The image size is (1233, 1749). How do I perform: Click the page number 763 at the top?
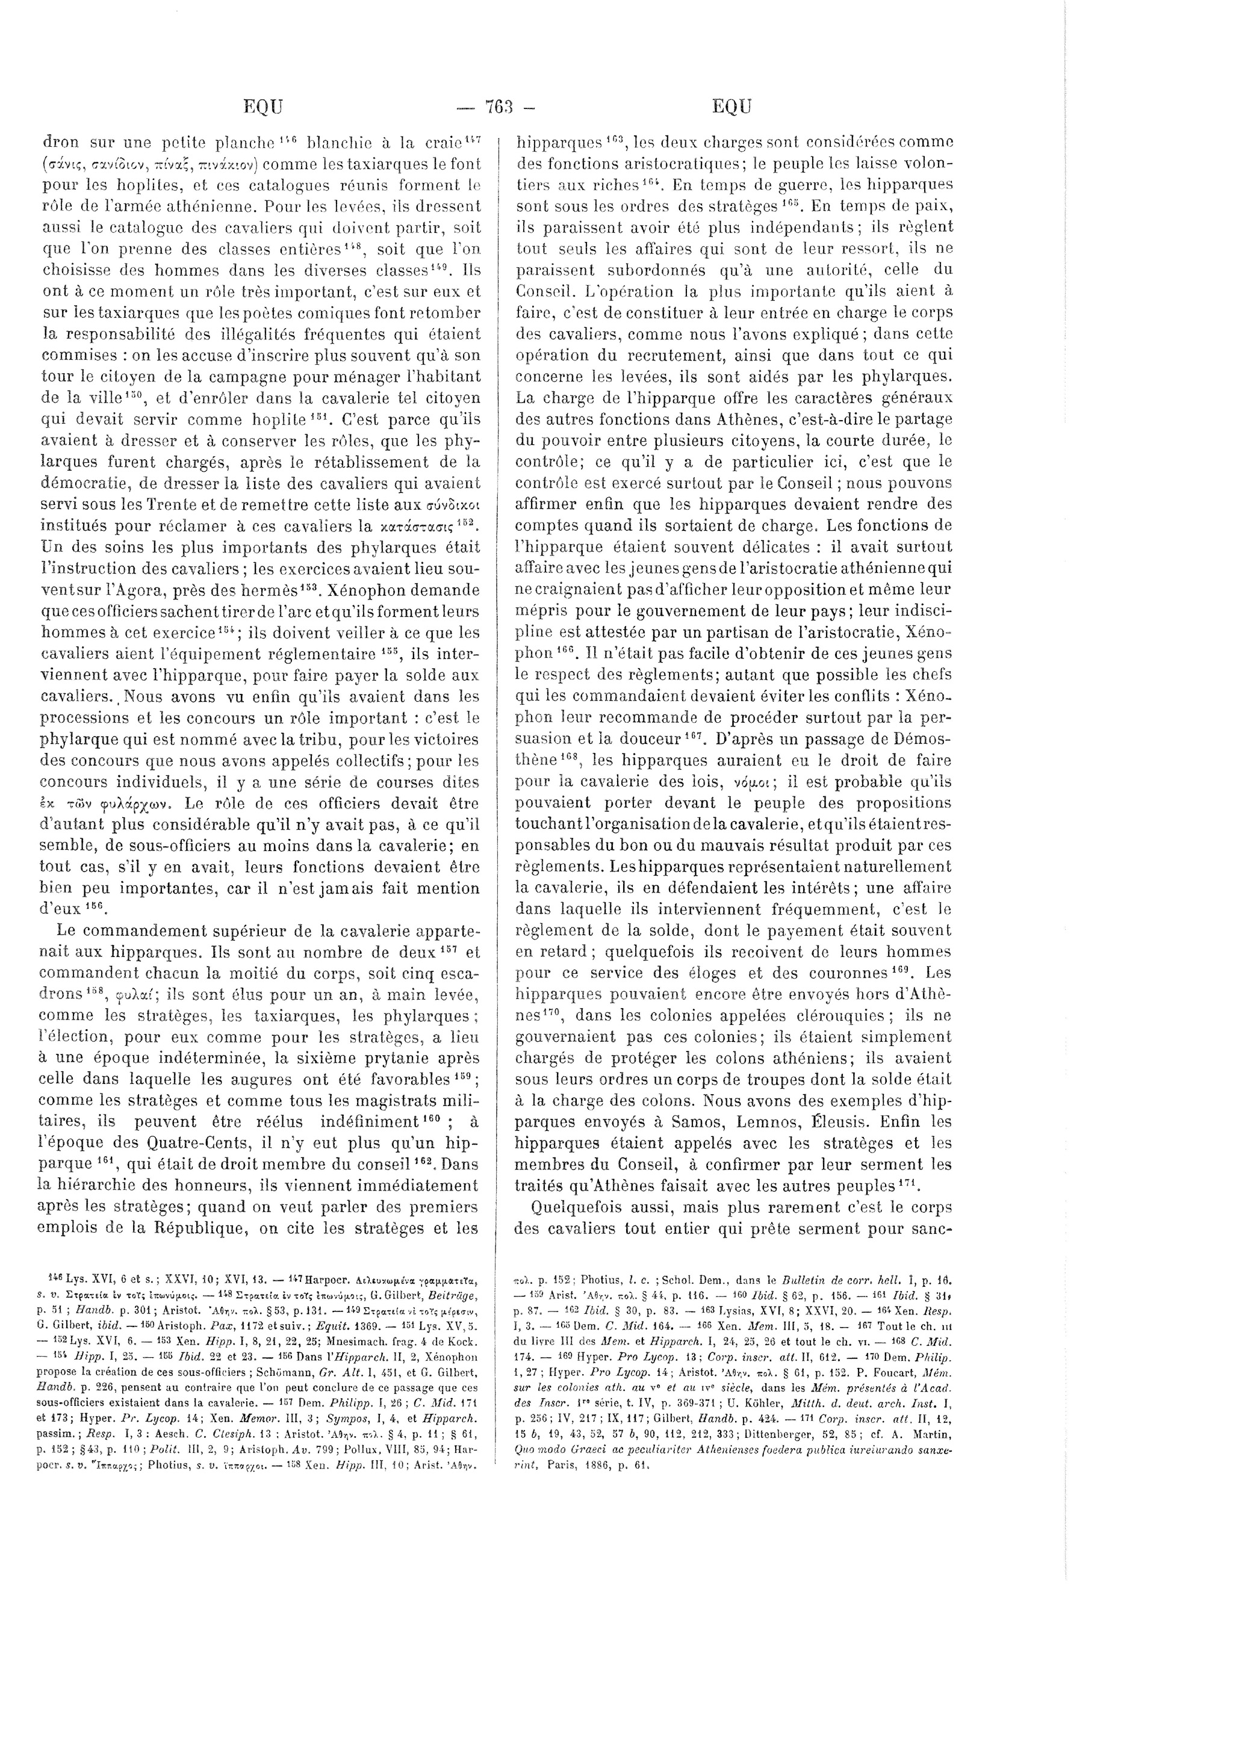495,107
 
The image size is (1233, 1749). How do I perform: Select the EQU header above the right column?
732,107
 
